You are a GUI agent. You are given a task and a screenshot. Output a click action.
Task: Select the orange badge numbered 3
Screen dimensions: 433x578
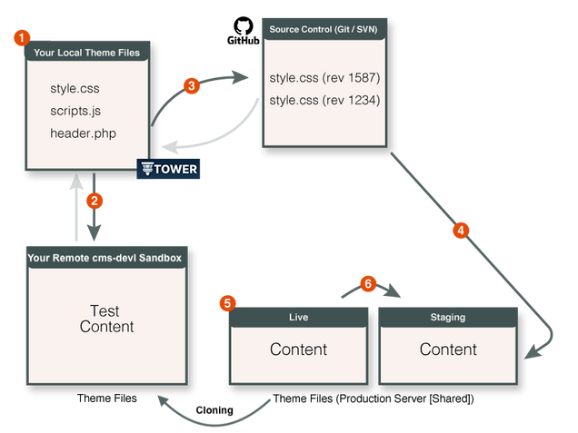[190, 86]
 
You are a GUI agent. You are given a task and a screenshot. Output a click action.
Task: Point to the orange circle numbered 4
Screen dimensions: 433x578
[460, 231]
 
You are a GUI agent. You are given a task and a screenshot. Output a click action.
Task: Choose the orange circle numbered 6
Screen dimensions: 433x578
[366, 283]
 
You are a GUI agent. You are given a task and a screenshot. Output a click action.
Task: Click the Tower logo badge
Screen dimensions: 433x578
[167, 169]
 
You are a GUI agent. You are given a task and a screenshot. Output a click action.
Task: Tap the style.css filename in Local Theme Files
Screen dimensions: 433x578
[75, 90]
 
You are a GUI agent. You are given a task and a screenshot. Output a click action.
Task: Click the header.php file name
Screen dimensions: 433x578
[84, 133]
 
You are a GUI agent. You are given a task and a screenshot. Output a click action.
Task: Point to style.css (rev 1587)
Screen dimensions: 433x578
[324, 77]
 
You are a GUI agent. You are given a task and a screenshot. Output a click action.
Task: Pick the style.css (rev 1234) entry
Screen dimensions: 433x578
[324, 99]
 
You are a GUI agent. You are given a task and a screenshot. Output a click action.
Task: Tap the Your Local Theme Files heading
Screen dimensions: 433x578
[87, 53]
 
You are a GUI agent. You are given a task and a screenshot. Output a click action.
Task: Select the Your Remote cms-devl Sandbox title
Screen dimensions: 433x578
[105, 258]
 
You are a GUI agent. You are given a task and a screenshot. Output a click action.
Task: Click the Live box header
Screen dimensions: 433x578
[299, 318]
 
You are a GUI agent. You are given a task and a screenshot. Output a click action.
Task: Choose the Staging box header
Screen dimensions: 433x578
[447, 318]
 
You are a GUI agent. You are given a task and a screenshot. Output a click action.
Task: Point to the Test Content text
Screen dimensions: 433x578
[105, 319]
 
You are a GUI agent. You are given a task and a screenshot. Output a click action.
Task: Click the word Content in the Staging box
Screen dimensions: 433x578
[447, 349]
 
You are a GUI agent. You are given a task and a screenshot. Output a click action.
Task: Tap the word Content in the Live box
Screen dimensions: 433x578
[299, 349]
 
